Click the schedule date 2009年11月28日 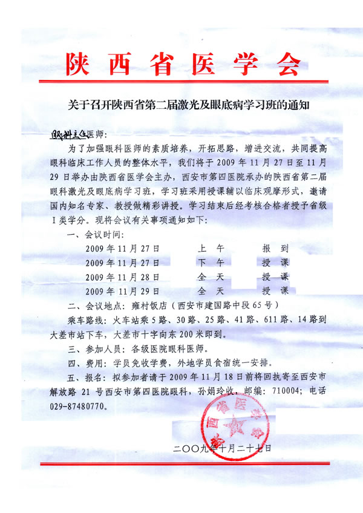(x=123, y=276)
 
